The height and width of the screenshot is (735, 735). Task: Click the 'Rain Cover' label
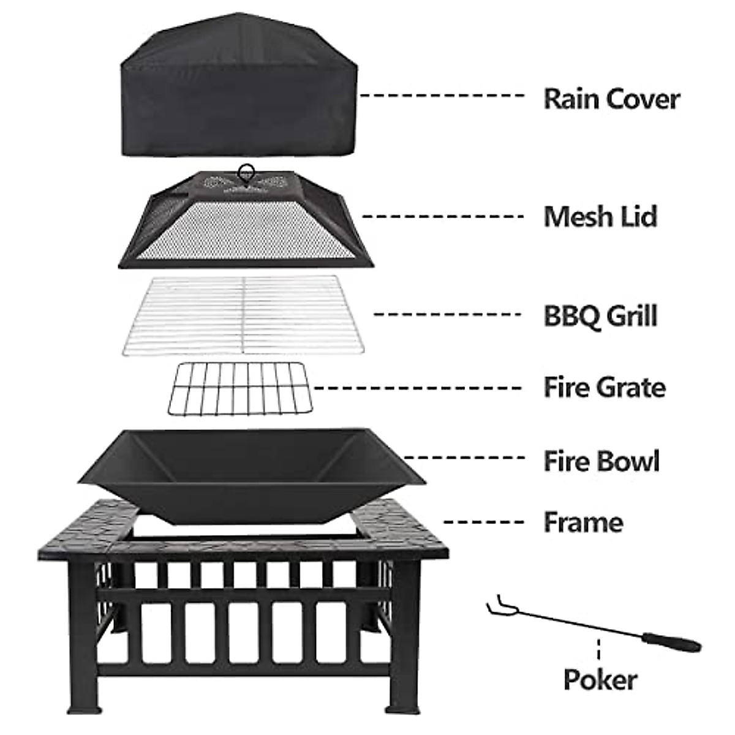coord(611,99)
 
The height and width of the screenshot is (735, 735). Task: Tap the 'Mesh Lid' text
coord(600,216)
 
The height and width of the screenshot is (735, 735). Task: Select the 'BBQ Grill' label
coord(600,315)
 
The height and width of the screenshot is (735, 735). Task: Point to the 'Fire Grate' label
coord(604,387)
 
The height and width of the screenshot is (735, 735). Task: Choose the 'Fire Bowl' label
coord(601,461)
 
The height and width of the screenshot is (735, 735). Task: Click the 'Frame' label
coord(583,522)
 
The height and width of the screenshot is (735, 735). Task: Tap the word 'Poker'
coord(600,679)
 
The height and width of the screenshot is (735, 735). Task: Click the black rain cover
coord(239,92)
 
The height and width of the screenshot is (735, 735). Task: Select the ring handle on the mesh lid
coord(247,171)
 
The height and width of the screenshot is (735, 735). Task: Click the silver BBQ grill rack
coord(244,314)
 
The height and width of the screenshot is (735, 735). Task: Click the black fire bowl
coord(245,472)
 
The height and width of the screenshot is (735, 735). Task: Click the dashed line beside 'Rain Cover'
coord(441,96)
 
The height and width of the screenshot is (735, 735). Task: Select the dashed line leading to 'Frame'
coord(484,522)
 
